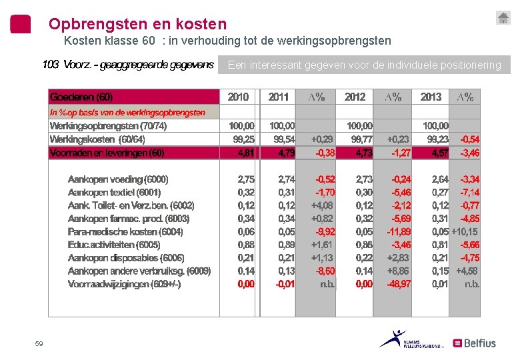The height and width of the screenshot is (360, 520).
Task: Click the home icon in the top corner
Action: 503,18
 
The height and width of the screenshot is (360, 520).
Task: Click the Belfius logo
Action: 475,343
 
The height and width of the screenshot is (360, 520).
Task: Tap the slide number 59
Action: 39,344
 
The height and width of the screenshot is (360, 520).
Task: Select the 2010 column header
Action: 238,97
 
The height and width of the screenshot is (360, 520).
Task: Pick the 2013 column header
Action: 431,97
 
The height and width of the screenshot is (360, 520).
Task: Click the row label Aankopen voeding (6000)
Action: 118,179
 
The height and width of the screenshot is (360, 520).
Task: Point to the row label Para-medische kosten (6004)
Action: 125,231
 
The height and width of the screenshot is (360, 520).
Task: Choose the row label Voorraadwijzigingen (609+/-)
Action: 124,284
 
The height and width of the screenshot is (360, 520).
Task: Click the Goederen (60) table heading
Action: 81,97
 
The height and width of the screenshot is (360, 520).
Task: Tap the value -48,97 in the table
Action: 399,284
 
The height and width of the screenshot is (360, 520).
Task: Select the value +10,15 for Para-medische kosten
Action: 465,231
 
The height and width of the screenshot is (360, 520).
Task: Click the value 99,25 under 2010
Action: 243,139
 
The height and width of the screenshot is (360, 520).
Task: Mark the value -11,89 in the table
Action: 399,231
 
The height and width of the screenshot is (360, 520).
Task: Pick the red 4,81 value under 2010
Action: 245,153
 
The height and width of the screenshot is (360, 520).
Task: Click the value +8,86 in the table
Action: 399,271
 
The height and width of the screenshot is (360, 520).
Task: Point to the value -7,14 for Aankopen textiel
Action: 469,193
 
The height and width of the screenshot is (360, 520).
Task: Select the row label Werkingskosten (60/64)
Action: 97,139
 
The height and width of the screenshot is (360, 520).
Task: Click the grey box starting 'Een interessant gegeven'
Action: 364,65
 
